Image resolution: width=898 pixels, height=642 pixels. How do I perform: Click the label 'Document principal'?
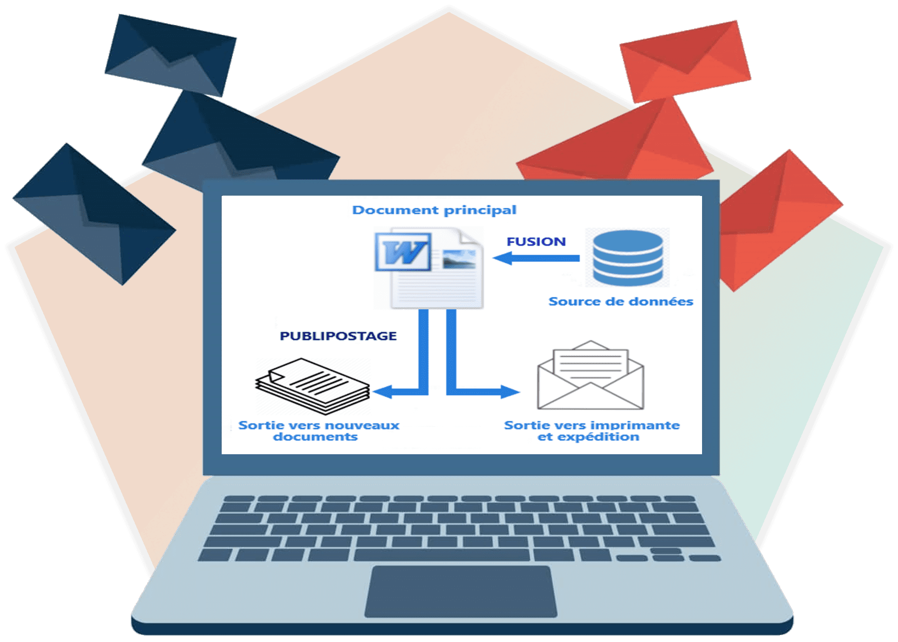tap(434, 210)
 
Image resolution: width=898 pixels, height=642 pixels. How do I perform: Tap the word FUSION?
tap(536, 241)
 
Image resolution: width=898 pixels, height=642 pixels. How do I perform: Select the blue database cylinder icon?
tap(627, 258)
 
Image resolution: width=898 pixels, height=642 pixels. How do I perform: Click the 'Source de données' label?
tap(621, 301)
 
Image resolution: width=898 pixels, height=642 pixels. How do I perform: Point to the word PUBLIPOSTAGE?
tap(338, 336)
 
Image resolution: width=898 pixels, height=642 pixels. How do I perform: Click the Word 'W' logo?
tap(403, 252)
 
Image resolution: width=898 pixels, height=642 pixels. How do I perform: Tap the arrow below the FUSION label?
tap(536, 258)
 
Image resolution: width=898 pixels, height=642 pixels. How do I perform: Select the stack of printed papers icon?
tap(313, 386)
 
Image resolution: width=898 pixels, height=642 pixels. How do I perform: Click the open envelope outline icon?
tap(590, 375)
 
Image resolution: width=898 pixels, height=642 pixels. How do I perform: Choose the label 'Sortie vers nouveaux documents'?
tap(318, 431)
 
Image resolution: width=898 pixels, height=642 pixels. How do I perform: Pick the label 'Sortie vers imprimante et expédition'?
tap(591, 431)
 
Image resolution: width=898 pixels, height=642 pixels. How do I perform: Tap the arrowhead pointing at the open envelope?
tap(510, 392)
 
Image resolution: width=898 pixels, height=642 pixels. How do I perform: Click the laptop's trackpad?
tap(461, 591)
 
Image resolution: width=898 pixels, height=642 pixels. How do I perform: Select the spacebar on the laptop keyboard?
tap(442, 555)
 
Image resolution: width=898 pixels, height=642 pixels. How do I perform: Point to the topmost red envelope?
tap(686, 61)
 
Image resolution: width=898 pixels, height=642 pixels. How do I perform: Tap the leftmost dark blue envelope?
tap(94, 214)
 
